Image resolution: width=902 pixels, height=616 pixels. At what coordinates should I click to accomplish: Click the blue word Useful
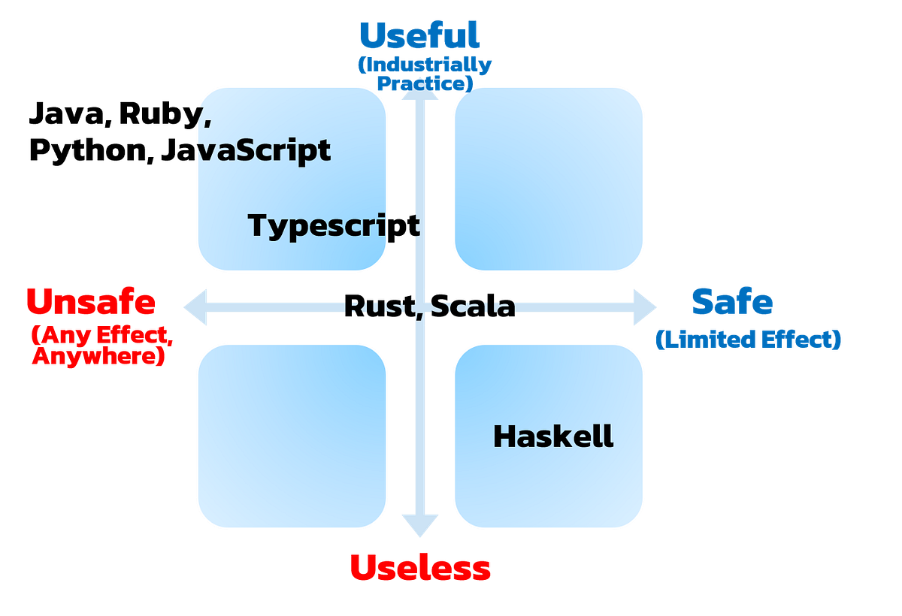419,35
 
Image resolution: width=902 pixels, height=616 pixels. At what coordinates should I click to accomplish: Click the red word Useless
419,567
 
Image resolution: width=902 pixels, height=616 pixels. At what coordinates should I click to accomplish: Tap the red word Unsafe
91,302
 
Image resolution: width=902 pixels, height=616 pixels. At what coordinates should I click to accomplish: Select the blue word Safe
731,302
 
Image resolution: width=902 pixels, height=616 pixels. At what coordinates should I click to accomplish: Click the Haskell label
553,436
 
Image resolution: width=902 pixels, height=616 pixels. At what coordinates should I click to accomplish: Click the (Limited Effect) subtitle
749,340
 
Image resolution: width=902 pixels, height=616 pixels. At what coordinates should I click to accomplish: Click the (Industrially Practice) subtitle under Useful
424,74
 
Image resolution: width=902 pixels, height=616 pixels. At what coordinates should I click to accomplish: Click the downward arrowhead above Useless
420,526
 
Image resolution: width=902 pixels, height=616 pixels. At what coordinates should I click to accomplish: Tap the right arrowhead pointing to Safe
644,306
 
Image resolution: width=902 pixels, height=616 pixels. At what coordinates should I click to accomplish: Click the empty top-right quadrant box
549,178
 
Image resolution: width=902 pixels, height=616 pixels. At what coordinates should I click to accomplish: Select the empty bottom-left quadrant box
292,436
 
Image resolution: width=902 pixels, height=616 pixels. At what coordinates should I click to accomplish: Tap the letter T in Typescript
257,225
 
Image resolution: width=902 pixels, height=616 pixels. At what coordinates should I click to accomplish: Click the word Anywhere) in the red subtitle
98,358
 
